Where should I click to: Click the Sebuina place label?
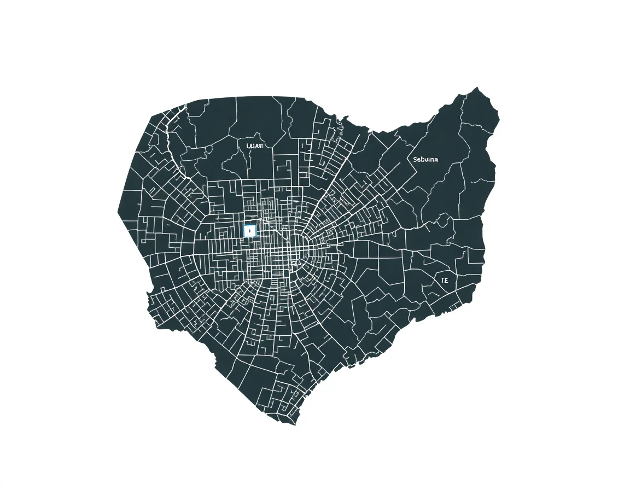(425, 159)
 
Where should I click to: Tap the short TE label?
(444, 280)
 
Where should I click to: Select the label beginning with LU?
(255, 146)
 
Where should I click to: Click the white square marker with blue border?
(249, 231)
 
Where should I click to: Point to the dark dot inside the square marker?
(249, 231)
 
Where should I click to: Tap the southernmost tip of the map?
(295, 424)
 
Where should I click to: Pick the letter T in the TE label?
(442, 280)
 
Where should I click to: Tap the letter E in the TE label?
(446, 280)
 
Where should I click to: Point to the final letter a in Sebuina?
(436, 159)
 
